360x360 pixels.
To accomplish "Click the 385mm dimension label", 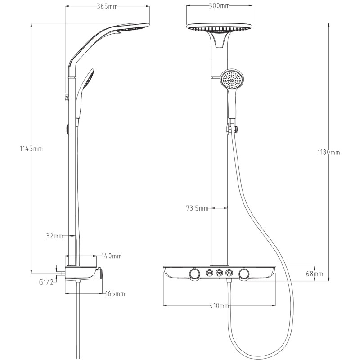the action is click(x=107, y=6).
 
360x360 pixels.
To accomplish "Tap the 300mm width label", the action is click(x=219, y=6).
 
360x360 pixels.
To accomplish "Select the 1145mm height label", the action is click(x=31, y=149).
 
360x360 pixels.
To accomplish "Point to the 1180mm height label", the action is click(x=328, y=152).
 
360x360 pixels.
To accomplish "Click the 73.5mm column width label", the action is click(x=197, y=208).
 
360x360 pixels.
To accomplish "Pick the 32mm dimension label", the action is click(x=54, y=236).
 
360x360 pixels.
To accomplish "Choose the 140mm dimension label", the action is click(x=111, y=256).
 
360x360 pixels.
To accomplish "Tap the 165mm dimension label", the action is click(x=115, y=294).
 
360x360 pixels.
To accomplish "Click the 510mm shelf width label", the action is click(x=219, y=306).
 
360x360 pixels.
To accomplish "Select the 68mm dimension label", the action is click(x=315, y=274).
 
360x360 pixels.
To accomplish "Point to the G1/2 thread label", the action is click(x=46, y=282).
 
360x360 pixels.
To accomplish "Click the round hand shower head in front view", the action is click(x=232, y=80).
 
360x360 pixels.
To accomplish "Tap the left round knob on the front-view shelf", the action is click(x=195, y=274).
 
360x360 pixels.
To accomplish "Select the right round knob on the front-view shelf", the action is click(x=244, y=274).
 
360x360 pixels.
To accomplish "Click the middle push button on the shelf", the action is click(x=219, y=273).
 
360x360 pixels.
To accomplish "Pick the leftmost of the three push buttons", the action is click(x=209, y=273).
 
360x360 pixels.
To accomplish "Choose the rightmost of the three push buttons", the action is click(x=229, y=273).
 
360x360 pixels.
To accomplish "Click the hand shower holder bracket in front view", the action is click(x=232, y=127).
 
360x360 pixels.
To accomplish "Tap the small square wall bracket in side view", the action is click(x=67, y=98).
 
